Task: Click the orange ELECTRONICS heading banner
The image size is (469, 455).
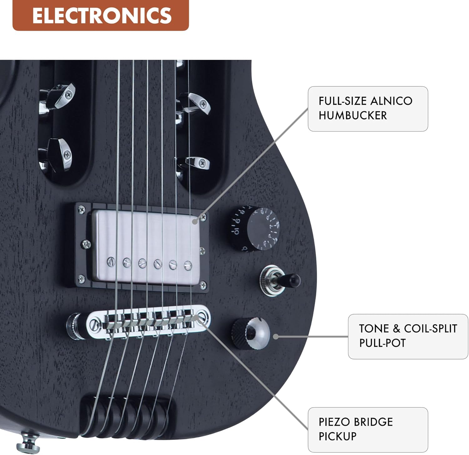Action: pyautogui.click(x=101, y=15)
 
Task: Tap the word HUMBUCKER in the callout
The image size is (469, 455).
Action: pyautogui.click(x=353, y=115)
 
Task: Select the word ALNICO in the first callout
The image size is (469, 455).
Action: pyautogui.click(x=391, y=101)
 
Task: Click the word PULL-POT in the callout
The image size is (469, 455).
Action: pyautogui.click(x=382, y=343)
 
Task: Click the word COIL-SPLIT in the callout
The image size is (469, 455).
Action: pyautogui.click(x=431, y=329)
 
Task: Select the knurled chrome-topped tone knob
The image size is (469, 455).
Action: pyautogui.click(x=250, y=333)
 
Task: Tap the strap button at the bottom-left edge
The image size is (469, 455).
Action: pyautogui.click(x=28, y=441)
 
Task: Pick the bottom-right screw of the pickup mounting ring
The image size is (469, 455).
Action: pyautogui.click(x=203, y=285)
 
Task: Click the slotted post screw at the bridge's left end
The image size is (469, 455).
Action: pyautogui.click(x=94, y=325)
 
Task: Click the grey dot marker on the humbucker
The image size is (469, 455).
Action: pyautogui.click(x=195, y=222)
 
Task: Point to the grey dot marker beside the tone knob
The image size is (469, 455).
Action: pyautogui.click(x=276, y=337)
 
